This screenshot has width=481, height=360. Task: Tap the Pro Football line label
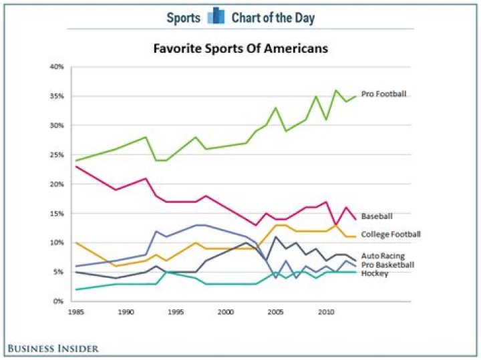point(383,94)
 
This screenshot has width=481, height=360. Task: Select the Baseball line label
point(376,217)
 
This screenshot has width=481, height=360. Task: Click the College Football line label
point(390,234)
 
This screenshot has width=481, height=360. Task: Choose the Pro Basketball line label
point(387,265)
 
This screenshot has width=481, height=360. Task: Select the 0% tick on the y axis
point(57,302)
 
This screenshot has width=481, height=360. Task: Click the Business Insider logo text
point(53,348)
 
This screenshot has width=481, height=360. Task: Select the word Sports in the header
point(183,17)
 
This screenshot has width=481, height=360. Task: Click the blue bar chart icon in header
point(216,16)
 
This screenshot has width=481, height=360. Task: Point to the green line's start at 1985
point(76,160)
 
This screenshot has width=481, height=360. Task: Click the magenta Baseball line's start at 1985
point(76,166)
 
